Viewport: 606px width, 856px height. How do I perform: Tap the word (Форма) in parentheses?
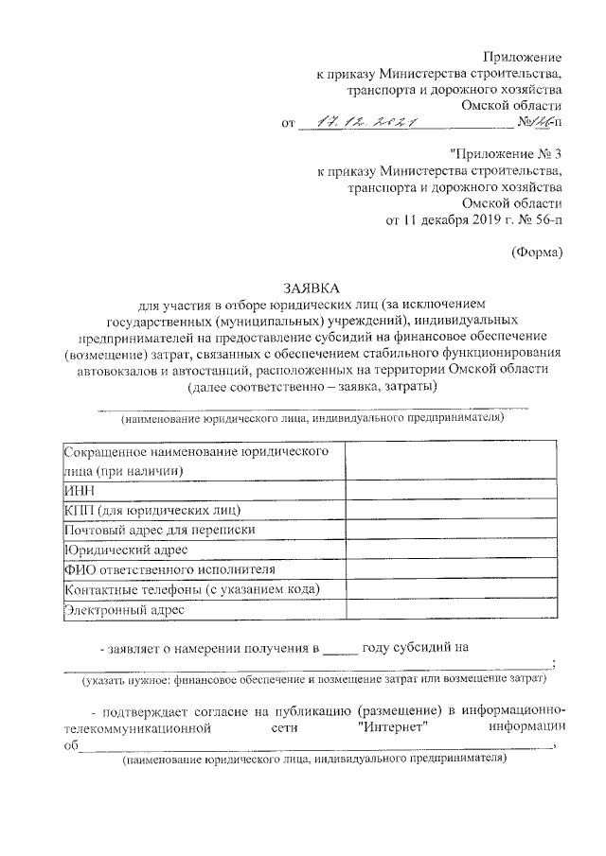(537, 251)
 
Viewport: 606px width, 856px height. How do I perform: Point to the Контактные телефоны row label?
(190, 590)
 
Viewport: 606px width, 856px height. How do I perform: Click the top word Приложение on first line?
(525, 58)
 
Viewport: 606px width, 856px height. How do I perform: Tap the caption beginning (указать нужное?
(313, 679)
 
